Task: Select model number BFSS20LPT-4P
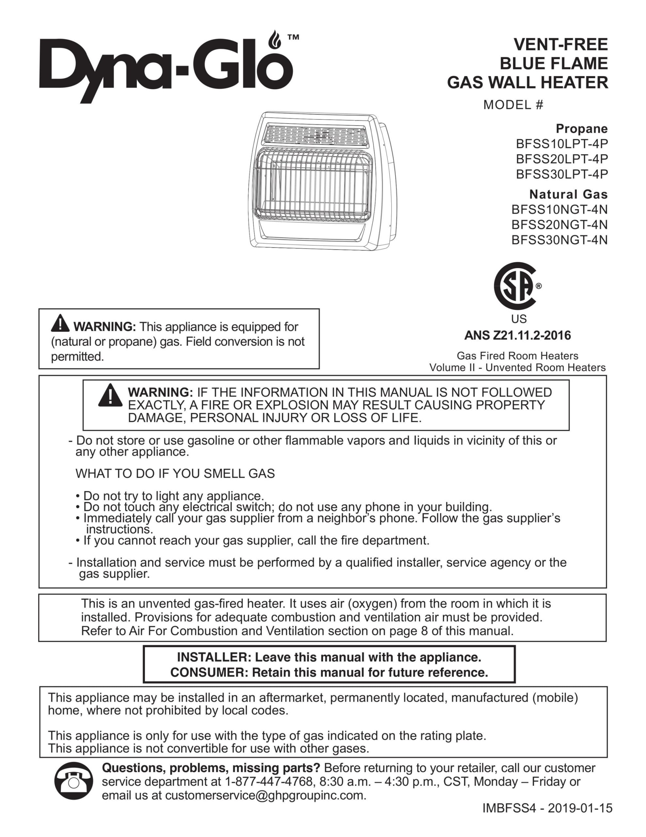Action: click(561, 159)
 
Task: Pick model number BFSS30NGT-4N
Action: click(559, 240)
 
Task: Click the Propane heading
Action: click(581, 128)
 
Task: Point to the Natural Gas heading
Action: click(568, 194)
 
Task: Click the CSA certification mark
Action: click(515, 286)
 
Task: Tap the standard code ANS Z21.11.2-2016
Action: click(517, 335)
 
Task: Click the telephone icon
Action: click(73, 782)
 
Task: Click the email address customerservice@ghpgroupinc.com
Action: click(264, 795)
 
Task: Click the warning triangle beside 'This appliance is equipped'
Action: click(60, 324)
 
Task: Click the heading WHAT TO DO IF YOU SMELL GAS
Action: click(175, 474)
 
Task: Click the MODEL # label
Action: click(513, 105)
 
